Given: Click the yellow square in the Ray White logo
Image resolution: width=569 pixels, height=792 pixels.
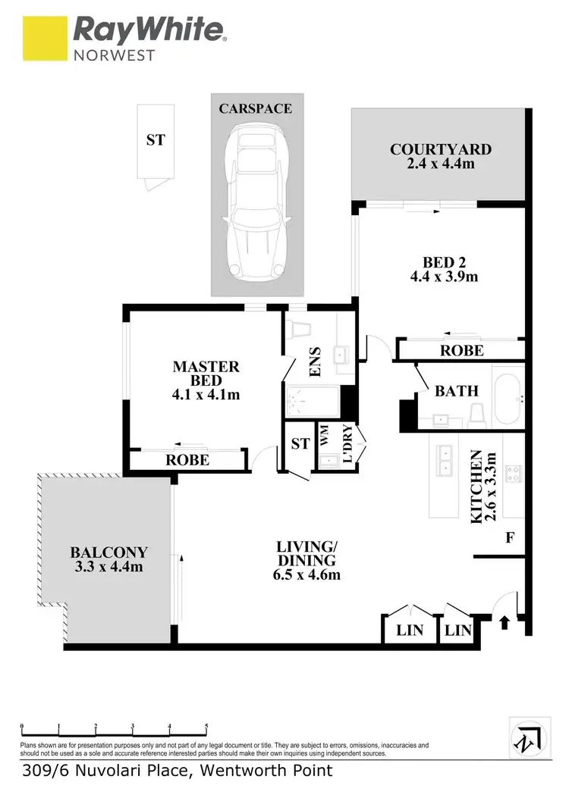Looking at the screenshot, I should click(45, 39).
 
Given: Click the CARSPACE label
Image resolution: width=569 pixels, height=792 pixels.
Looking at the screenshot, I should click(255, 109).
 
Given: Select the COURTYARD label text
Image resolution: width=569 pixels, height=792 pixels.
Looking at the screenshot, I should click(441, 149).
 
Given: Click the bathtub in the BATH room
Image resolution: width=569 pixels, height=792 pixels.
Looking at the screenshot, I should click(508, 397).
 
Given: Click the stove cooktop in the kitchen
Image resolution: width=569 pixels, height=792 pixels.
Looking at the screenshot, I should click(513, 474).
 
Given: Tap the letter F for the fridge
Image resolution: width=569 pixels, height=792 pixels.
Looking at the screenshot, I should click(510, 538).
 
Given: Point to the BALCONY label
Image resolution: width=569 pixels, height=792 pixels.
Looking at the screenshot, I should click(109, 553).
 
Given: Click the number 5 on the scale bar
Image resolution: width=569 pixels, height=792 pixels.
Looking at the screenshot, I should click(206, 728).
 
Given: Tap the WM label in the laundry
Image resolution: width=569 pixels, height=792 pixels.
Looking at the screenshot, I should click(325, 436).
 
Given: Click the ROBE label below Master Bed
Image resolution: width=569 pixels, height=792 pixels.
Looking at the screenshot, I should click(187, 460).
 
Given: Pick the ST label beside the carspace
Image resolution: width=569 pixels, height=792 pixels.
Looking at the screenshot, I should click(156, 140).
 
